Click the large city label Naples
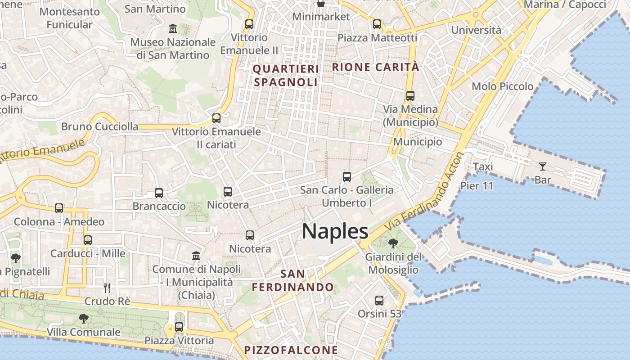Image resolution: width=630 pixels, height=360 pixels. (x=335, y=231)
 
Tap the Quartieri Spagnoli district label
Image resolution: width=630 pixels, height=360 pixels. (x=286, y=76)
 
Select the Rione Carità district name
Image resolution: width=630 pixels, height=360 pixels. (x=375, y=67)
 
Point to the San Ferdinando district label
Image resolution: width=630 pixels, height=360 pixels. (x=292, y=280)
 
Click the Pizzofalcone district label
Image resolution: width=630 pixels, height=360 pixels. (x=291, y=350)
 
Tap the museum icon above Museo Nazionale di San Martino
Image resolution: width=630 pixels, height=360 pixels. (x=172, y=29)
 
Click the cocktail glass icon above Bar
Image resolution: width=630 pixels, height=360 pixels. (x=542, y=166)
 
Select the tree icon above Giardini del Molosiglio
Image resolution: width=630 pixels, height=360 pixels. (x=393, y=243)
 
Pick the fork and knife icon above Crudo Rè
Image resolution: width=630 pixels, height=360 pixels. (x=107, y=288)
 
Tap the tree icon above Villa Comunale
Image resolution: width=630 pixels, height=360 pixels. (x=83, y=319)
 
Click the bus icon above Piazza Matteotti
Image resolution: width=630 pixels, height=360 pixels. (x=377, y=24)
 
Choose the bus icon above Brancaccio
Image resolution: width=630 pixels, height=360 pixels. (x=159, y=193)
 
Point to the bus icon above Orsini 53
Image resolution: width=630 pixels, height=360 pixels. (x=379, y=300)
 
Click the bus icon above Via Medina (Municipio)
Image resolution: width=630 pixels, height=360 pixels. (x=410, y=95)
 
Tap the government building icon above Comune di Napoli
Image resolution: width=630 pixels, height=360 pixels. (x=196, y=256)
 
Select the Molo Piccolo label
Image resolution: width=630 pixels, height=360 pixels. (x=502, y=86)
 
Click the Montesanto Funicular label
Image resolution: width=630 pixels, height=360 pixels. (x=69, y=18)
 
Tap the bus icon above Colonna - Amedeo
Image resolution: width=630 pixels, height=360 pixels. (x=59, y=208)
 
